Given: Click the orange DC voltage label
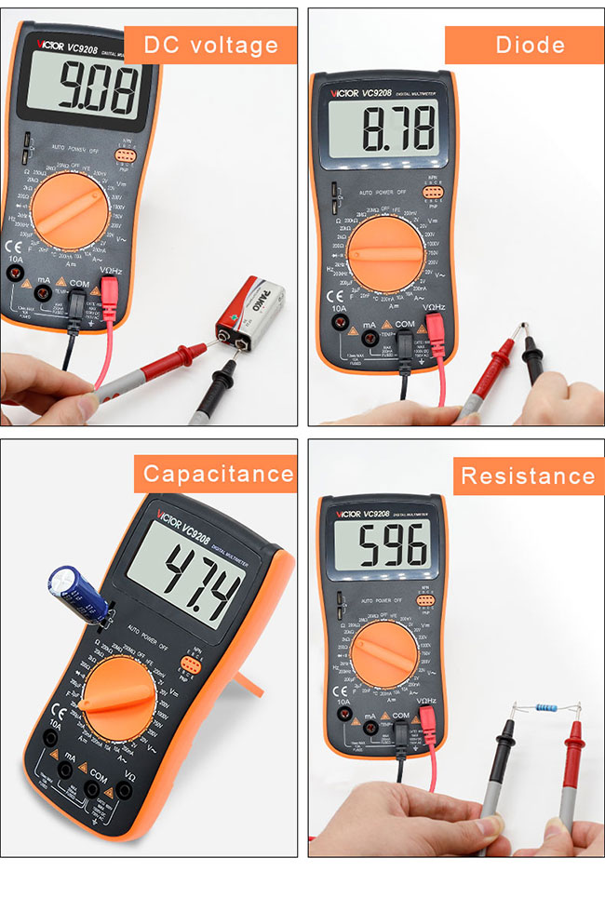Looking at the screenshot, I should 210,45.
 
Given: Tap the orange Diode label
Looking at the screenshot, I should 530,45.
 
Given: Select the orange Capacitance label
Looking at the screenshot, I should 218,474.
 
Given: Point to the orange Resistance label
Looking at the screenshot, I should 528,476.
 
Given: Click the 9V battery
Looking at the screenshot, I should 250,313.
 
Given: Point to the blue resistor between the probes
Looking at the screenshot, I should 543,709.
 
